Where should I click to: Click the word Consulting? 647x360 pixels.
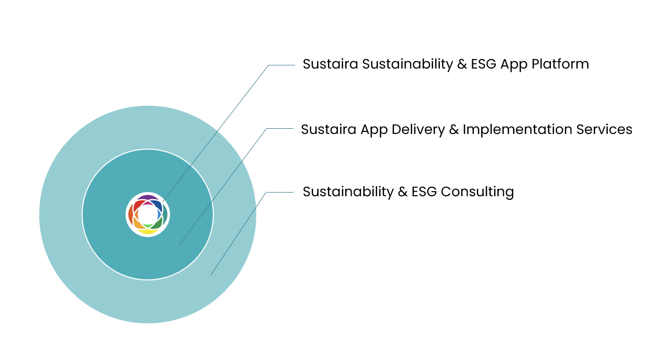point(477,192)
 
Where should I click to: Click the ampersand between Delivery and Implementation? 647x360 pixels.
point(454,129)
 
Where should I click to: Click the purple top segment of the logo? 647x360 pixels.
point(148,198)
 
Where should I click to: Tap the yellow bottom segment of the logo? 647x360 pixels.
point(148,231)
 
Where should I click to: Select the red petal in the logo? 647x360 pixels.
point(138,205)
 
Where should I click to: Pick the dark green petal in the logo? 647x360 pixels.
point(158,224)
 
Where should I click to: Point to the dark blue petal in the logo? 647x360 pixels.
point(158,204)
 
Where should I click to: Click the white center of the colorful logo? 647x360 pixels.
point(148,215)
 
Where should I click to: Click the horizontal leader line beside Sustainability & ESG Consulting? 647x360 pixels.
point(280,193)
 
